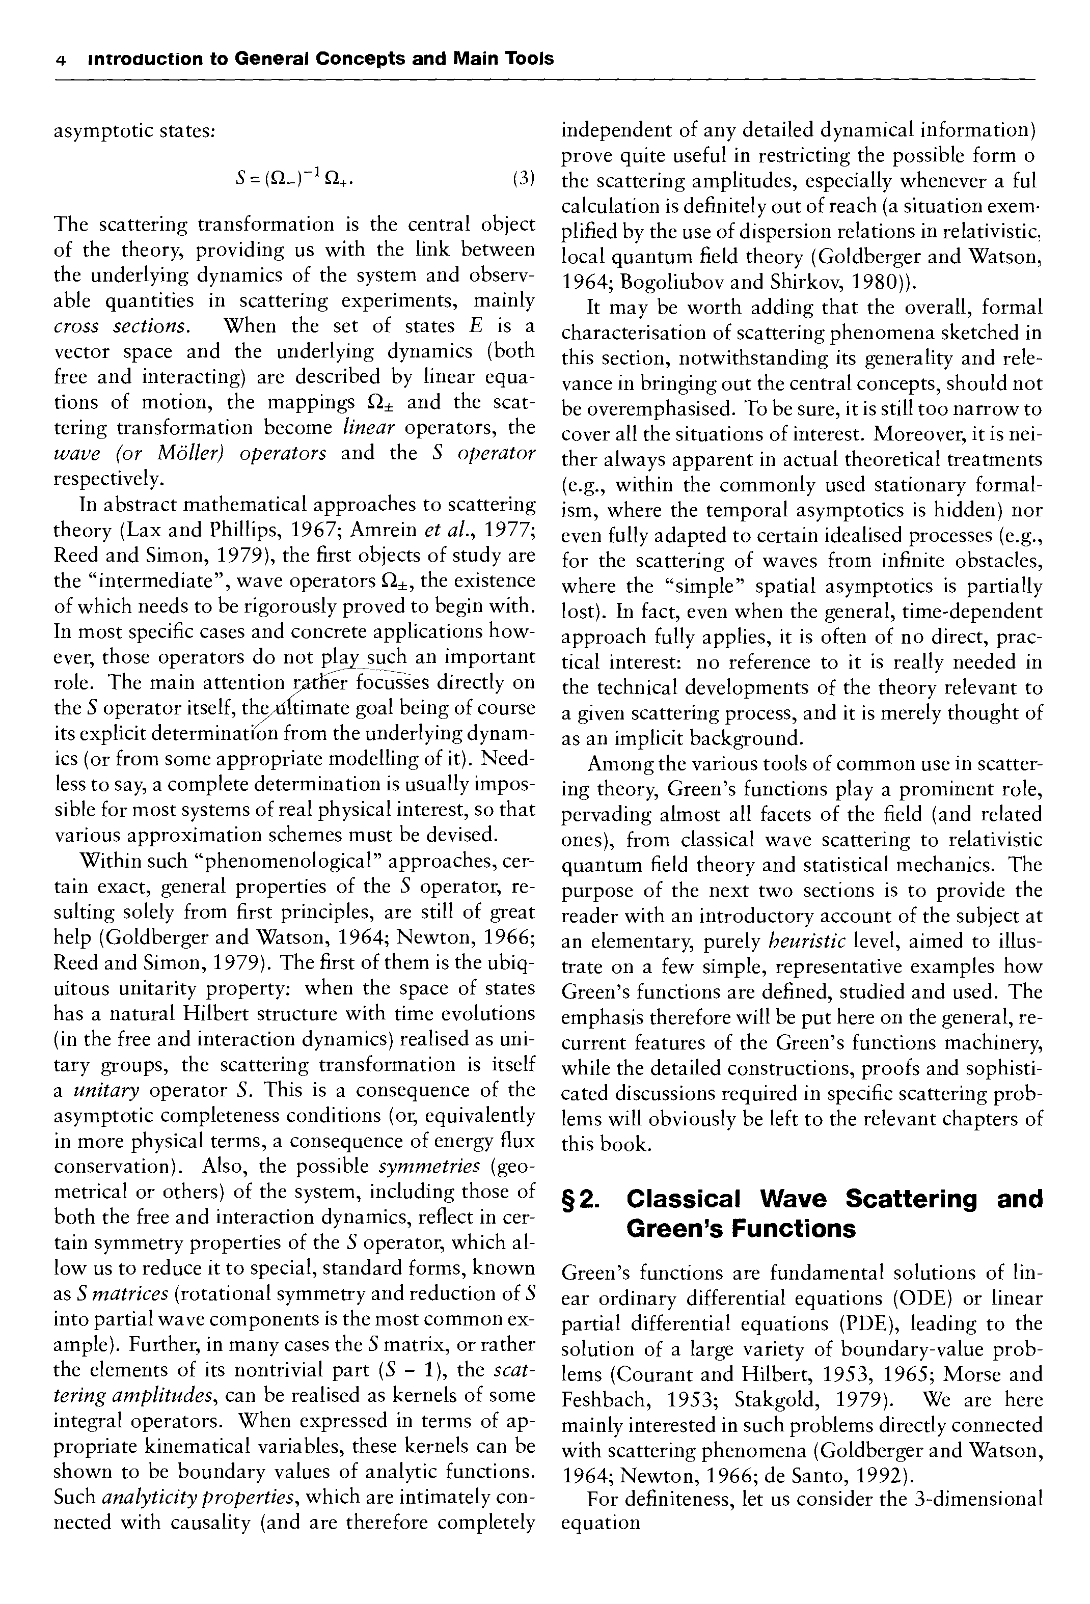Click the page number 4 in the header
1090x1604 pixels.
pos(61,60)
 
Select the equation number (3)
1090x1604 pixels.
pos(524,179)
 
